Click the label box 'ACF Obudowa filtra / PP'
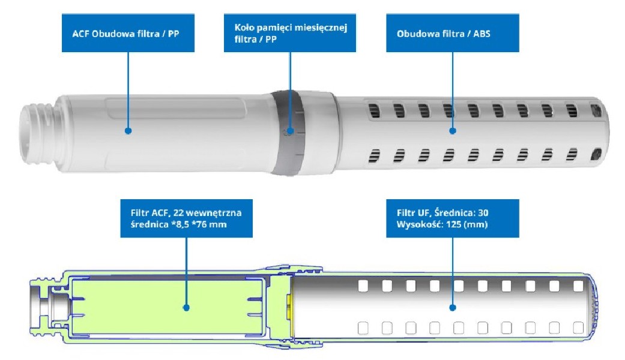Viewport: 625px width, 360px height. click(128, 34)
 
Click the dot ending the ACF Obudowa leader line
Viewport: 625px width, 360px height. click(128, 130)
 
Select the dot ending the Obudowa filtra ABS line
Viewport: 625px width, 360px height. click(453, 130)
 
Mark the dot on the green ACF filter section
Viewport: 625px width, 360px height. click(187, 307)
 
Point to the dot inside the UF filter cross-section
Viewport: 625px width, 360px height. click(453, 307)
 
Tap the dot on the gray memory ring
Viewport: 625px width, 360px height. click(290, 130)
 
